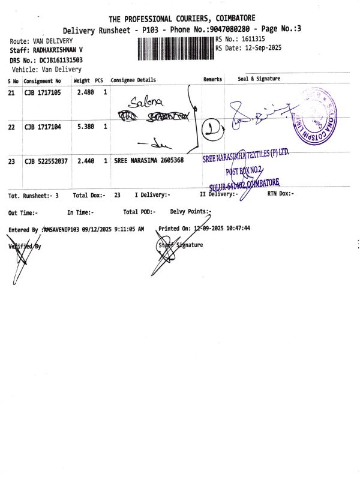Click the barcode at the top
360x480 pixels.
click(x=175, y=49)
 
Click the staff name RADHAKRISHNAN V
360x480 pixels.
click(x=54, y=50)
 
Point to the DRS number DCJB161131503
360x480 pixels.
click(x=61, y=60)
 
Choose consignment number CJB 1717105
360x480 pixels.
click(x=43, y=92)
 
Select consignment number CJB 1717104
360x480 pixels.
click(x=43, y=127)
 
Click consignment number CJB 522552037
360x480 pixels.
click(x=47, y=161)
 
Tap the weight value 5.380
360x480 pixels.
click(x=86, y=127)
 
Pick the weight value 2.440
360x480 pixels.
click(x=86, y=161)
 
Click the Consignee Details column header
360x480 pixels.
click(x=133, y=80)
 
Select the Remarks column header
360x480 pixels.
click(x=213, y=79)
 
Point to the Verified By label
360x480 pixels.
click(x=25, y=246)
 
